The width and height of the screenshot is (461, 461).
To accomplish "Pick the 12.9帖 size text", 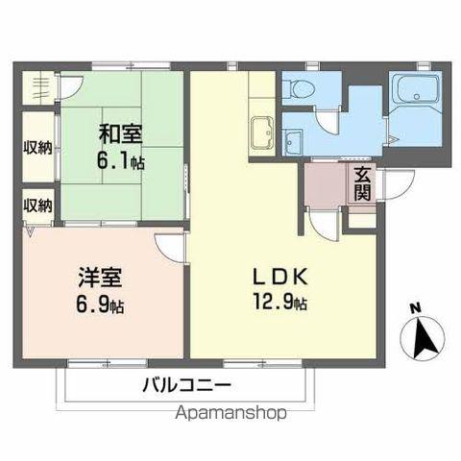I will (x=281, y=303).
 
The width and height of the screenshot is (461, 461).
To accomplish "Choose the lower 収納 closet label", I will (x=38, y=205).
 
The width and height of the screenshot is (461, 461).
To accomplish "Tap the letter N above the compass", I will (x=415, y=308).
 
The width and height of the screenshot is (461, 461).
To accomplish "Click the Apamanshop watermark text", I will (x=230, y=415).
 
